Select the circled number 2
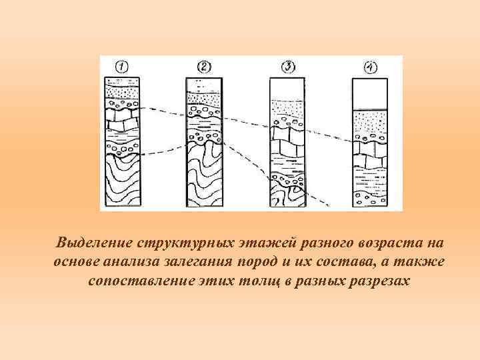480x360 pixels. pyautogui.click(x=204, y=67)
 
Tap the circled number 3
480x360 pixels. pyautogui.click(x=287, y=67)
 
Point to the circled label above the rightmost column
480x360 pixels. pyautogui.click(x=371, y=67)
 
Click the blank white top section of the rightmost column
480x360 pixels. pyautogui.click(x=371, y=93)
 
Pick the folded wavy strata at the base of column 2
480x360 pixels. pyautogui.click(x=205, y=177)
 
